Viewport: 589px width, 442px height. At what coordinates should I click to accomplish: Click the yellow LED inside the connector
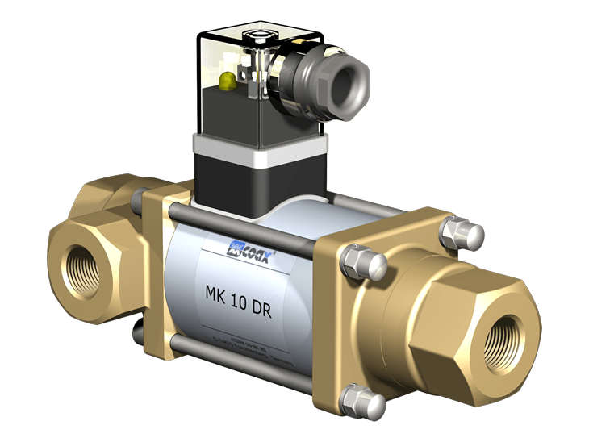pos(228,79)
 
